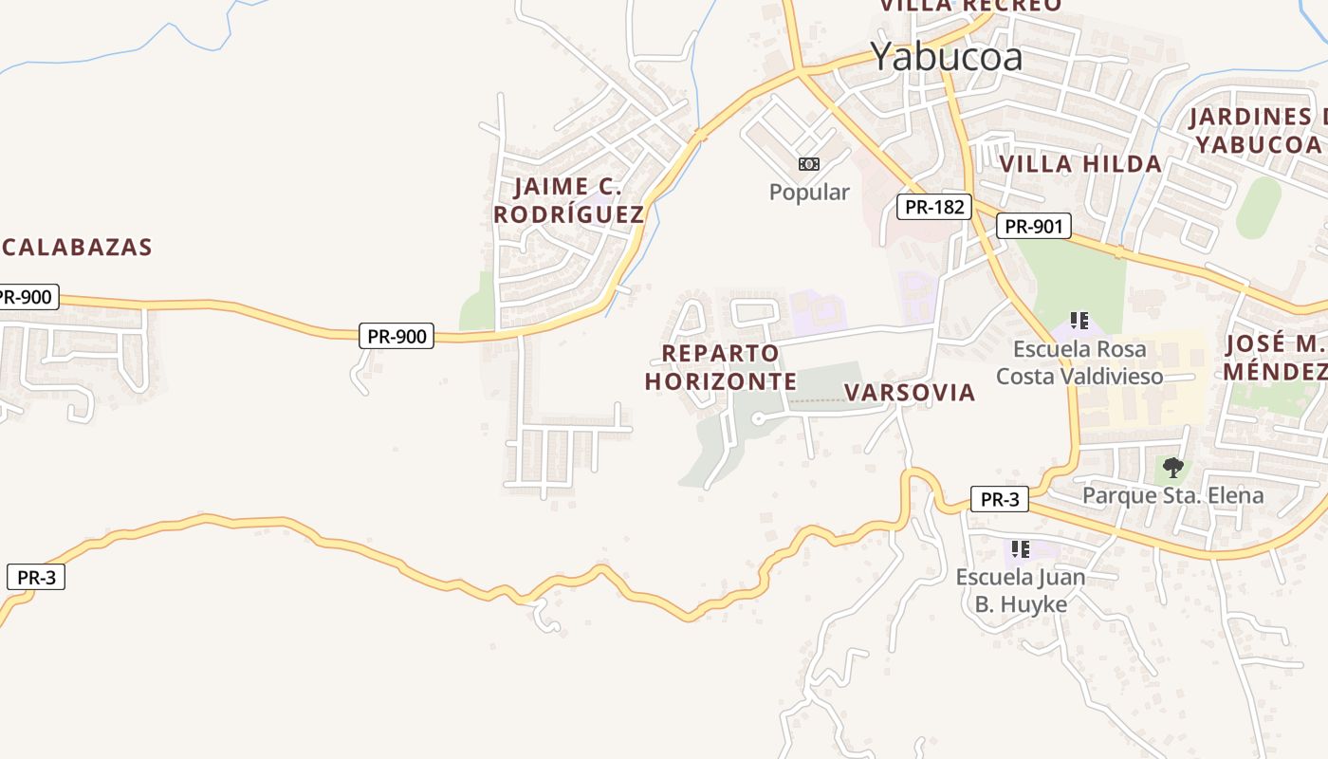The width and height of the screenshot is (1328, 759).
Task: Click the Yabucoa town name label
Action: pos(947,57)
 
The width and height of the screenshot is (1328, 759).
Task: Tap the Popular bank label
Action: pos(809,192)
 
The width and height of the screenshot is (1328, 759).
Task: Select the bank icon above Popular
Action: pos(809,164)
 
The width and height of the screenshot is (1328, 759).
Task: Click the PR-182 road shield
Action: pos(934,207)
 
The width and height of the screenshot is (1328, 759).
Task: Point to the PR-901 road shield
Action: pos(1034,226)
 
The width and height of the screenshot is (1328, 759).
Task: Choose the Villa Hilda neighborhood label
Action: pos(1080,164)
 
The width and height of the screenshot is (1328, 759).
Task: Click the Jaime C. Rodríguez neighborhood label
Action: pos(568,200)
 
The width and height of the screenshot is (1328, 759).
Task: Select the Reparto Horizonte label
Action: pos(721,367)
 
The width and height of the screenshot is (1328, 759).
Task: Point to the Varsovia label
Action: pos(909,393)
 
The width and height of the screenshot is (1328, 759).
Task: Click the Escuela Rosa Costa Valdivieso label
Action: pos(1079,362)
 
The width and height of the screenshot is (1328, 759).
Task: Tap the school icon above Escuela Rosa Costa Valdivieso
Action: pos(1079,321)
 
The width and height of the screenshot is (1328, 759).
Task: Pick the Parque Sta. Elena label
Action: pos(1172,495)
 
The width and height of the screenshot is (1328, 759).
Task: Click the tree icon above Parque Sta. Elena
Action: pos(1173,467)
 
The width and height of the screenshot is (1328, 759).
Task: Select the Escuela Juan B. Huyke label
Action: pos(1021,590)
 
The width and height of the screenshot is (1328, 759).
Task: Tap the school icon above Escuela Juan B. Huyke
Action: pos(1021,548)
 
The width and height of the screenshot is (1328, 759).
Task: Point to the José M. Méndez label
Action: pos(1273,358)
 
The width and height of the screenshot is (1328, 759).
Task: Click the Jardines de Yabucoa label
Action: pos(1258,131)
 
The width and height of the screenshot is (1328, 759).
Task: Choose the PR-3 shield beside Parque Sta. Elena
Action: pos(999,499)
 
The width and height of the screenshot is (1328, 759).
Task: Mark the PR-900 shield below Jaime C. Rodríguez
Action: pos(397,335)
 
